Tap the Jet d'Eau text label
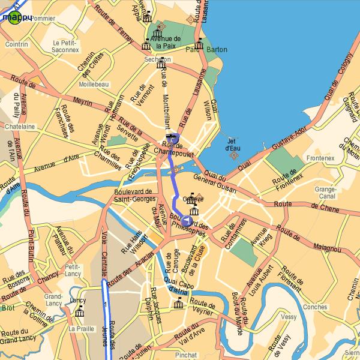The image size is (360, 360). tap(233, 145)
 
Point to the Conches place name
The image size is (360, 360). tap(316, 307)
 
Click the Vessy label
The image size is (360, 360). tap(289, 316)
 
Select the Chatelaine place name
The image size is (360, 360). tap(20, 127)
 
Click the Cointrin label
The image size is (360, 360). tap(16, 44)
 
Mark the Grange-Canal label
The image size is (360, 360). tap(325, 193)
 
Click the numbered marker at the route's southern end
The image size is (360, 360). tap(187, 221)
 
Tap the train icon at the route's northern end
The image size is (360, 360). tap(172, 139)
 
